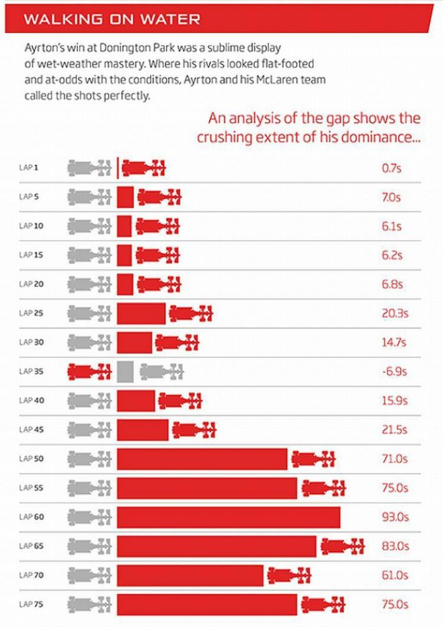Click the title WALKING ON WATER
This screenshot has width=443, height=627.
point(112,19)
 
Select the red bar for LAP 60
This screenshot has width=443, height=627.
point(228,517)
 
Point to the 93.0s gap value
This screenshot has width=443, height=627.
point(395,517)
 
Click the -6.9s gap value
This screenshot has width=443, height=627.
point(394,371)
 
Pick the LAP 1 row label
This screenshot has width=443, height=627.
point(29,168)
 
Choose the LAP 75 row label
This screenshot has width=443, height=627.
point(30,605)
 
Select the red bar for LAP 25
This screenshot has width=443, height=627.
point(141,313)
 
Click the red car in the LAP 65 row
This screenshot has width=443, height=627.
point(342,547)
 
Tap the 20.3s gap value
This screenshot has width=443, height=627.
point(394,313)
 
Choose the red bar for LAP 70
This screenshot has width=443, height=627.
point(190,575)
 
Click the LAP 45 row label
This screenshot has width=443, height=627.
point(30,430)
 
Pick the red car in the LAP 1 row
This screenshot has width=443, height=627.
point(144,167)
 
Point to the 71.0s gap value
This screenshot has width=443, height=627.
point(394,459)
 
